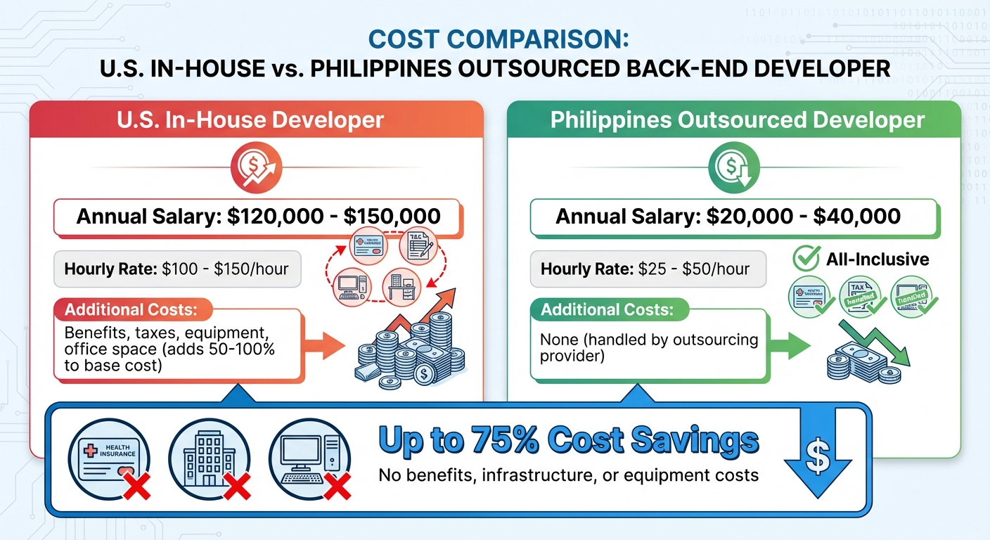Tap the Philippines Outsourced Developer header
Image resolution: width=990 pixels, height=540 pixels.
pos(737,120)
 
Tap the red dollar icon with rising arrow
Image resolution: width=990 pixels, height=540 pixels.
pos(256,169)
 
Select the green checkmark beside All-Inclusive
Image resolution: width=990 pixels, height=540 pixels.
pos(806,259)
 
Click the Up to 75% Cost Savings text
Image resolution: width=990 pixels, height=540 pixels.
pos(569,441)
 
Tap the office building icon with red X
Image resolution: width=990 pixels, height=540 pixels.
pos(210,460)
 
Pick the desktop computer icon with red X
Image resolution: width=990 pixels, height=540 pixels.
pos(310,460)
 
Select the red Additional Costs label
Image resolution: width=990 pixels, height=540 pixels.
pos(130,310)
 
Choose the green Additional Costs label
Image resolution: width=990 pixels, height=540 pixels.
pos(606,310)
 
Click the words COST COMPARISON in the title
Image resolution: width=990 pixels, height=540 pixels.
pos(499,39)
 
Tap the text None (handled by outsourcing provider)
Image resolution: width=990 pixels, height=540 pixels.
pos(648,347)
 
